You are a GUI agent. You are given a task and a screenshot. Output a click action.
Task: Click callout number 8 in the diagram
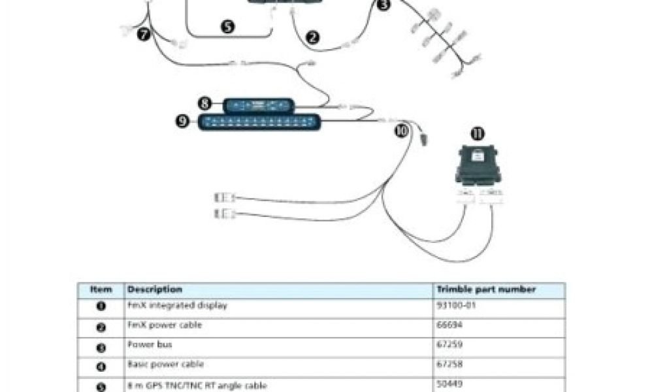[x=204, y=103]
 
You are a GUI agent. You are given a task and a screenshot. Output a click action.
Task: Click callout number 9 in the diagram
[x=184, y=121]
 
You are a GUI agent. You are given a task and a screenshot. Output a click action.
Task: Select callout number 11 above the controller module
[x=478, y=134]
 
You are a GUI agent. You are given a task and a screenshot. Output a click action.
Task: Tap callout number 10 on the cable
[x=401, y=130]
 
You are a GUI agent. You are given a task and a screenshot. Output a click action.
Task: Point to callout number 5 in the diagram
[x=227, y=27]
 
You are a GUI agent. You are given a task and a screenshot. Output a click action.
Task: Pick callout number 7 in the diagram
[x=144, y=35]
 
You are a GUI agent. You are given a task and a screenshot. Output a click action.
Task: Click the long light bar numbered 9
[x=260, y=122]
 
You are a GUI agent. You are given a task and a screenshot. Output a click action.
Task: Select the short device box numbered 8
[x=259, y=105]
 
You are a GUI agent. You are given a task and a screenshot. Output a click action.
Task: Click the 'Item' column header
[x=101, y=289]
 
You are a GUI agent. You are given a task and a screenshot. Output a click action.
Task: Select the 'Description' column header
[x=154, y=289]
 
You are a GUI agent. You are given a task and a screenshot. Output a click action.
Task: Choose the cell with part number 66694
[x=448, y=325]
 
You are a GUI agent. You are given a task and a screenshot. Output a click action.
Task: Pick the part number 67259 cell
[x=448, y=345]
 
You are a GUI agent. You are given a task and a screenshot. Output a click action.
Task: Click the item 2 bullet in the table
[x=101, y=327]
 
